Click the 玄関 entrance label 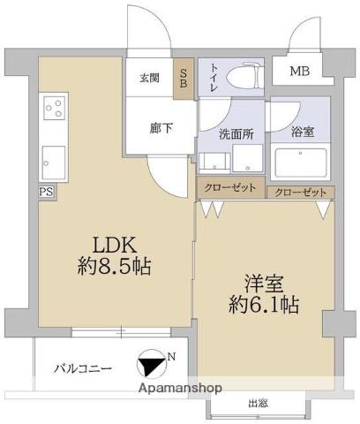[150, 78]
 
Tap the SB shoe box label [184, 78]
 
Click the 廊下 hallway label [161, 127]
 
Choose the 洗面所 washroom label [232, 134]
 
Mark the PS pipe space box [45, 191]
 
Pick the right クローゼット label [299, 192]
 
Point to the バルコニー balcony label [82, 367]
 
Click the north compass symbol [154, 364]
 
